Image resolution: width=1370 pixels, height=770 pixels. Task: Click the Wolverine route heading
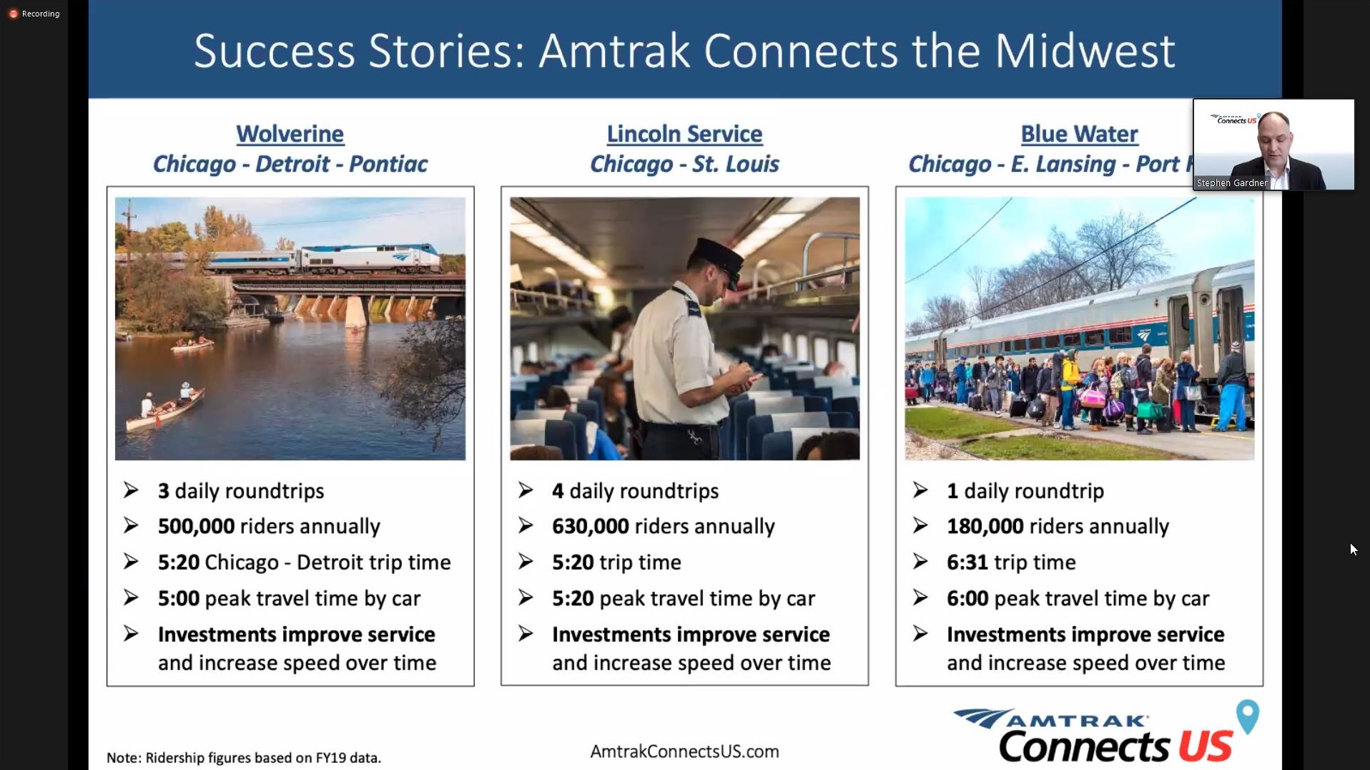290,134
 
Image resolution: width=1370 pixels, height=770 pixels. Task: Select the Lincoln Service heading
684,134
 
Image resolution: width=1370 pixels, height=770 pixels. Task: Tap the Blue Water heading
1079,134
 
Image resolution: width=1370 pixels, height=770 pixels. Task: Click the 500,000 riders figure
196,526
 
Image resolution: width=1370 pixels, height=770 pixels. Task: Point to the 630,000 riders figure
591,526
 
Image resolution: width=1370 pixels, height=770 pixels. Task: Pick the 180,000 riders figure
985,526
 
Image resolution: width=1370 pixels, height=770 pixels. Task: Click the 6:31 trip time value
967,562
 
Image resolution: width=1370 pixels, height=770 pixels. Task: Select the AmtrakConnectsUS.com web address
684,751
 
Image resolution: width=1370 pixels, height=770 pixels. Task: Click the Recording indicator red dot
13,14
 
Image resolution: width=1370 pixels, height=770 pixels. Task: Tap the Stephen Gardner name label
1231,183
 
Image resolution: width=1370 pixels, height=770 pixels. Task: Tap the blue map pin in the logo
1248,716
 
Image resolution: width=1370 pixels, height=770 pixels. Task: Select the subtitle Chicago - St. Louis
684,164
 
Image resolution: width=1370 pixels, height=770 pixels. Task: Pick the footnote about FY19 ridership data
244,758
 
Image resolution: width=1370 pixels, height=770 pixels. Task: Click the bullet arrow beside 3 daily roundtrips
131,490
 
